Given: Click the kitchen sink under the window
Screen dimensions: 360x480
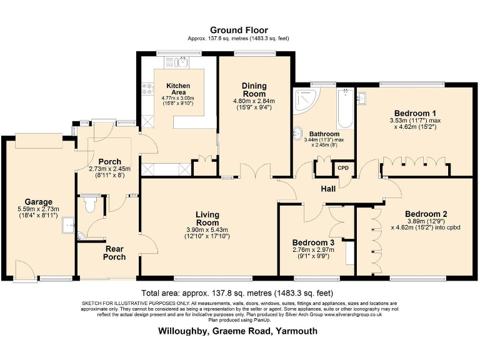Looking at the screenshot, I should (x=182, y=62).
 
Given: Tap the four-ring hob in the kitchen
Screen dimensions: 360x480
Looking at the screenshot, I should (x=148, y=91).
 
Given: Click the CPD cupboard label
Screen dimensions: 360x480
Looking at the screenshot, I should (x=343, y=167).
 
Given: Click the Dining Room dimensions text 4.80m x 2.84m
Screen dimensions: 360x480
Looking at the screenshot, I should (x=254, y=101).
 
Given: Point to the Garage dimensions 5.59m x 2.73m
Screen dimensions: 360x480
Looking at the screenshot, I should (x=39, y=209).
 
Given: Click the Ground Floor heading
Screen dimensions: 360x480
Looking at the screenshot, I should (x=239, y=29).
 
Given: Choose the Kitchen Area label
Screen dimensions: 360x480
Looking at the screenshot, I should (x=178, y=89).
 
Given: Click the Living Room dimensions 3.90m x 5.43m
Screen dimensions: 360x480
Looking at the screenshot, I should (x=207, y=229).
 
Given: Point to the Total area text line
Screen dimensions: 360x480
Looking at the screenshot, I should (x=238, y=292).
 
